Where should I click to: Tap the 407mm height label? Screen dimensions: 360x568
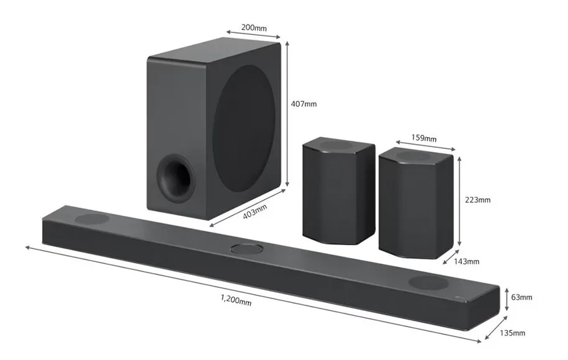point(304,104)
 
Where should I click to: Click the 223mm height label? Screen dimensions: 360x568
point(477,200)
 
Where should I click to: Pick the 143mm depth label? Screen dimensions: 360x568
point(467,261)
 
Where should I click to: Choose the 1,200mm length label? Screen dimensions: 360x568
point(236,300)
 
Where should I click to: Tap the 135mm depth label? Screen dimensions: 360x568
point(513,333)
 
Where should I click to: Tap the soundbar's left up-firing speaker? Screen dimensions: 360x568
point(92,218)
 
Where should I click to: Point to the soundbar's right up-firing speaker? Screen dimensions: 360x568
point(427,282)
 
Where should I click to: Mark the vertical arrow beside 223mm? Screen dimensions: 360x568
point(459,200)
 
